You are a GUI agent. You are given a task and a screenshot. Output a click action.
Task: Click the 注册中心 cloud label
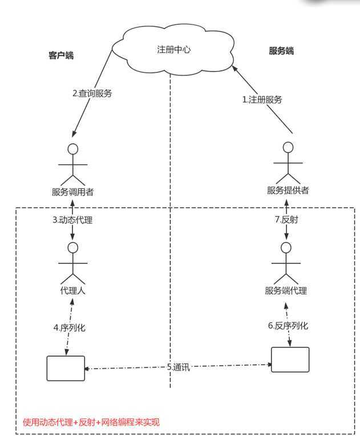click(x=173, y=50)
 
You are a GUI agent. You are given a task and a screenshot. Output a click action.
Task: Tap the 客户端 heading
click(x=61, y=55)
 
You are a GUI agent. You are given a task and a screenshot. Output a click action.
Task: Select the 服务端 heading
click(x=281, y=51)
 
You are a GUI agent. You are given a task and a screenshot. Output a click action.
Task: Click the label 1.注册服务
click(x=262, y=99)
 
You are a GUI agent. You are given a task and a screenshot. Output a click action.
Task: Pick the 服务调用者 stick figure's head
click(x=72, y=149)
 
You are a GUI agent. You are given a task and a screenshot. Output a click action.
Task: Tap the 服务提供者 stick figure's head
click(x=289, y=147)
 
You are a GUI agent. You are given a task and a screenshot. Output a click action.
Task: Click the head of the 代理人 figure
click(x=72, y=248)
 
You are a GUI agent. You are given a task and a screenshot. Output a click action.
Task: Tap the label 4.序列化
click(x=70, y=328)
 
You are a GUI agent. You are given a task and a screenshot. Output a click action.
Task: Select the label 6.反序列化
click(x=288, y=326)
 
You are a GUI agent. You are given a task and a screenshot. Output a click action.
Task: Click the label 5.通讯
click(x=178, y=368)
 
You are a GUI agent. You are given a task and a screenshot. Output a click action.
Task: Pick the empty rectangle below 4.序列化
click(x=66, y=368)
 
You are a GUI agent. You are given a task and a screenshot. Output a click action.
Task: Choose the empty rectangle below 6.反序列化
click(x=290, y=360)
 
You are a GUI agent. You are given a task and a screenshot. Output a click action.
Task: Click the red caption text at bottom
click(x=91, y=423)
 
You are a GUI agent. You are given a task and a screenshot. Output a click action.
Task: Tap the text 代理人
click(x=72, y=290)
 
